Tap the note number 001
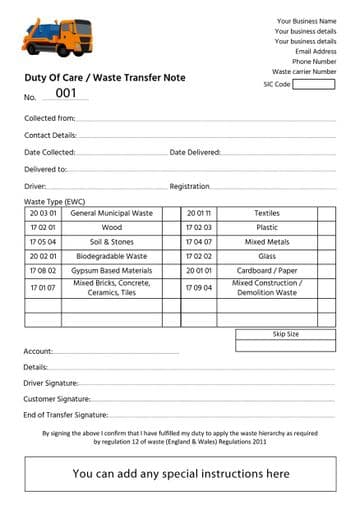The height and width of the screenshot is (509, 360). coord(66,94)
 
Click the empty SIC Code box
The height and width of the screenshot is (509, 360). coord(314,85)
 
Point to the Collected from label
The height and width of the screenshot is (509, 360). coord(49,118)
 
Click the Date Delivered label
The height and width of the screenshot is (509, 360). coord(195,152)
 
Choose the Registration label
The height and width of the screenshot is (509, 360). coord(190,186)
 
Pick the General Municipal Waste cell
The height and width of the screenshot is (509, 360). coord(111,213)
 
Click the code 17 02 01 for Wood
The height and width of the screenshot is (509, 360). coord(43,227)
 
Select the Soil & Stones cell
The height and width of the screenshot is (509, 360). coord(111,242)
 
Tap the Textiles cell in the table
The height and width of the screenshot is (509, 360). coord(267,213)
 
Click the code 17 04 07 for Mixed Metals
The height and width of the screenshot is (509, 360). coord(199,242)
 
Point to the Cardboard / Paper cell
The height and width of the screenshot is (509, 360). coord(267,270)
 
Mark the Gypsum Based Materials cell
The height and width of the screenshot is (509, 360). coord(111,270)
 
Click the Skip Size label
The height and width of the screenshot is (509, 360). coord(286,334)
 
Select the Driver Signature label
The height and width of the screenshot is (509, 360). coord(50,383)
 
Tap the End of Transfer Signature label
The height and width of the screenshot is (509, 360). coord(65,414)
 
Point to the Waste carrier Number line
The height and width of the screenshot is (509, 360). coord(304,71)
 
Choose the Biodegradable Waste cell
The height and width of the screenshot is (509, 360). coord(111,256)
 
